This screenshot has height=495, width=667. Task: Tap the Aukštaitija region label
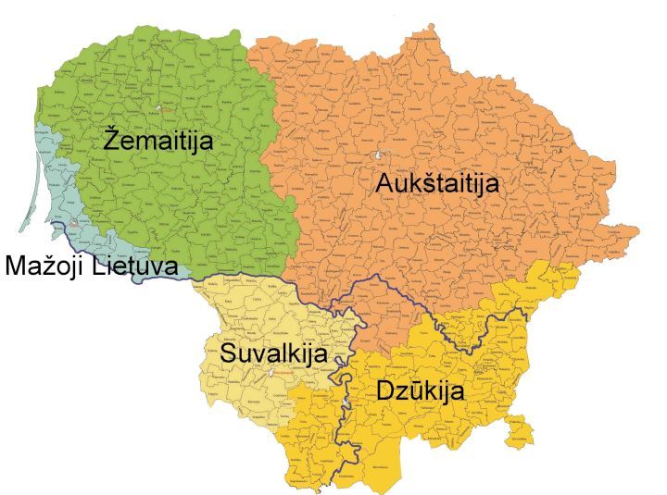(437, 183)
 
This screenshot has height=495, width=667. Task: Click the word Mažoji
(52, 266)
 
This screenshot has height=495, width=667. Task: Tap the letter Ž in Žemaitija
(112, 141)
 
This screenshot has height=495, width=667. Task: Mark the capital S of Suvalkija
(228, 353)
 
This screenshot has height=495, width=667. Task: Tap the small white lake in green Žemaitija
(159, 108)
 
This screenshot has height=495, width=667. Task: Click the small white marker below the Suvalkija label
(270, 374)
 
